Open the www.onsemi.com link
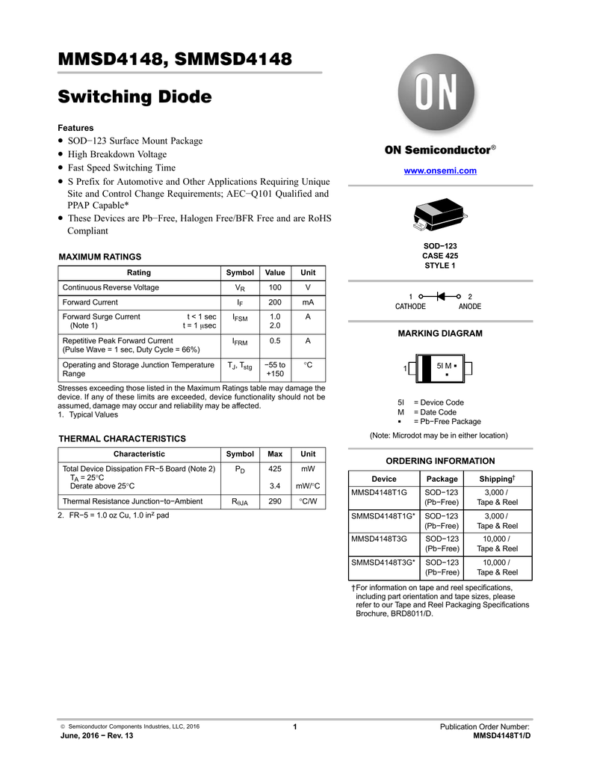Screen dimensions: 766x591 point(440,171)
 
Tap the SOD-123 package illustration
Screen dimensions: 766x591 point(439,215)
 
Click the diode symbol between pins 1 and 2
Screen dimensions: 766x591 point(440,297)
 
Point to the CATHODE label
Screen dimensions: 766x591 point(410,307)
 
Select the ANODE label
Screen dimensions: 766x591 point(470,307)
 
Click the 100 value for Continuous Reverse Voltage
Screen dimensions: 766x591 point(275,288)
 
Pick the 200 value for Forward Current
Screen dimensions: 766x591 point(275,302)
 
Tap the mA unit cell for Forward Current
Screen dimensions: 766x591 point(308,302)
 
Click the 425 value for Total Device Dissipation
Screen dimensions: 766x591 point(275,469)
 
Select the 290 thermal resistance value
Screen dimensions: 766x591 point(275,500)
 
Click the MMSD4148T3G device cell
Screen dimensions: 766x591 point(380,539)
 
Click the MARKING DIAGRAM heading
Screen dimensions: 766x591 point(439,333)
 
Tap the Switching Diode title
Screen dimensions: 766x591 point(135,96)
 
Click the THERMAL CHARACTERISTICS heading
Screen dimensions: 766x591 point(123,438)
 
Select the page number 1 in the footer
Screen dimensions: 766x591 point(296,727)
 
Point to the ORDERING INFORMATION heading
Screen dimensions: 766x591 point(439,461)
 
